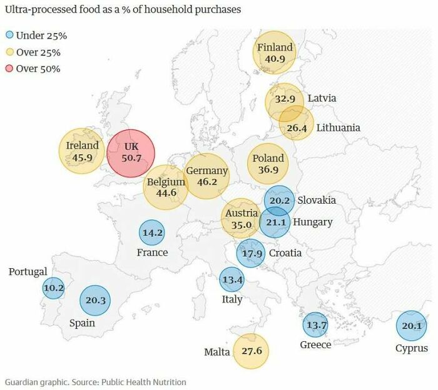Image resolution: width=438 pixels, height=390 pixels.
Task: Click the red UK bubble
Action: [131, 152]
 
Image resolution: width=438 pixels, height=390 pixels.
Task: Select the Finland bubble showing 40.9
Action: [275, 53]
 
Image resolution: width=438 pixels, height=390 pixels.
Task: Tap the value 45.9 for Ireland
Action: [82, 158]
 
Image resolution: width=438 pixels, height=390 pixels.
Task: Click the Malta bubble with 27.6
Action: [252, 351]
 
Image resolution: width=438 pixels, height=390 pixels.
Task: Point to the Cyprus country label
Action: [412, 348]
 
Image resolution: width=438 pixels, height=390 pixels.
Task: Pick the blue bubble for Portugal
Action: [53, 288]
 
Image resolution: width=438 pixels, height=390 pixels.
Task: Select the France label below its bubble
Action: [152, 252]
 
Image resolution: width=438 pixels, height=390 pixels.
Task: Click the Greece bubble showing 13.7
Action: [315, 325]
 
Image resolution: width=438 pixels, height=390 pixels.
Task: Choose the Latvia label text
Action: [322, 98]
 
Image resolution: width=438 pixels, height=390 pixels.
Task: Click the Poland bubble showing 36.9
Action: [268, 164]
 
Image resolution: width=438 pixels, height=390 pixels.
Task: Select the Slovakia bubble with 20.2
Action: [279, 201]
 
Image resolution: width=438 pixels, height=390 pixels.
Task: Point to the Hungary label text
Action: [313, 222]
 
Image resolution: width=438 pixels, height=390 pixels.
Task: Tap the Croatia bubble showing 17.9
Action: [251, 253]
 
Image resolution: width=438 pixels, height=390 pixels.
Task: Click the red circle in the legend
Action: [9, 69]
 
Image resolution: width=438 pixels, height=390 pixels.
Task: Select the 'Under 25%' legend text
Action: [39, 36]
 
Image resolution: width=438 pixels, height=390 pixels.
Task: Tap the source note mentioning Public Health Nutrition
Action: [95, 381]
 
